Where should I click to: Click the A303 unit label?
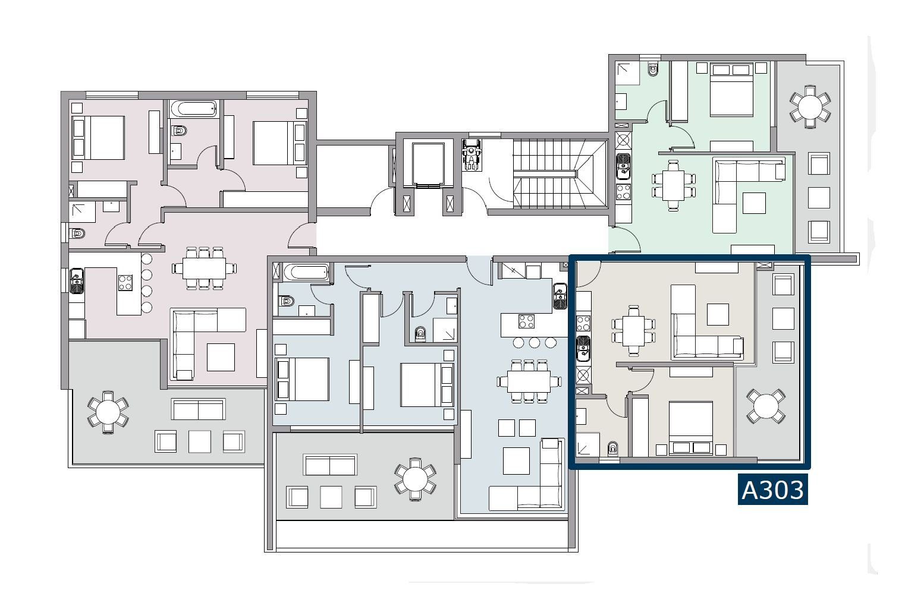tap(772, 490)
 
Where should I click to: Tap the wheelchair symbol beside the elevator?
tap(472, 156)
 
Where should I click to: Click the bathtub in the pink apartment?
tap(193, 109)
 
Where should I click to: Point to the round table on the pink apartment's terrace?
tap(108, 412)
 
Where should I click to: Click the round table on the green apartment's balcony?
tap(810, 107)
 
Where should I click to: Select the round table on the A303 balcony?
tap(766, 406)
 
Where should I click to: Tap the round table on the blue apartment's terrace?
tap(415, 479)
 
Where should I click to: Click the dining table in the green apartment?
tap(674, 185)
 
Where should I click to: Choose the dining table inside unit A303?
tap(633, 330)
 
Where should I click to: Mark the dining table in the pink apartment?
tap(204, 268)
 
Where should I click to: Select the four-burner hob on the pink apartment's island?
tap(125, 283)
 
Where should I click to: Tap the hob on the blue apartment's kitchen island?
tap(526, 321)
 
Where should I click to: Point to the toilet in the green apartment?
tap(653, 68)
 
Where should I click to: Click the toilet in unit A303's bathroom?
tap(612, 449)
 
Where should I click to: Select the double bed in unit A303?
tap(690, 428)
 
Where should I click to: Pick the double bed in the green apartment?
tap(731, 89)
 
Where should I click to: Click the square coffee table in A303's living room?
tap(718, 314)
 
